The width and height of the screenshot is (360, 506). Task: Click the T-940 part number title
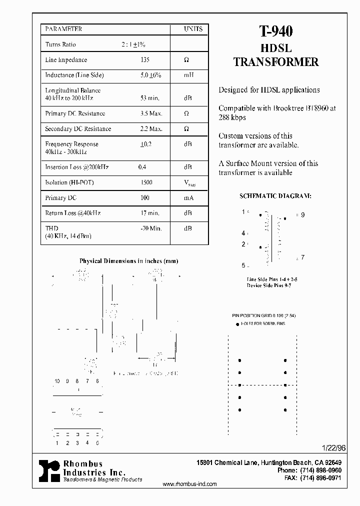point(275,31)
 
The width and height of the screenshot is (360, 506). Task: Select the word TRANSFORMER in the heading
point(276,62)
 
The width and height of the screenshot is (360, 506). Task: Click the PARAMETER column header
point(63,29)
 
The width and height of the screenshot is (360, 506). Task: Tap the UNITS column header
point(193,29)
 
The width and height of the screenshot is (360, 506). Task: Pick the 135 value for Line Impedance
point(145,60)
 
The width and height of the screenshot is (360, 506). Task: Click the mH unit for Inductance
point(188,75)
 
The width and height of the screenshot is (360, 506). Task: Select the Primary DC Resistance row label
point(75,113)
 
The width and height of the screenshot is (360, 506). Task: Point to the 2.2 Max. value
point(151,129)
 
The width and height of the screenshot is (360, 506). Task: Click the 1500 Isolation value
point(146,183)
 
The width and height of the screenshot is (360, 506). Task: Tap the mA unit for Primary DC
point(188,198)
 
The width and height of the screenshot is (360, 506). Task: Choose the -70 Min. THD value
point(151,228)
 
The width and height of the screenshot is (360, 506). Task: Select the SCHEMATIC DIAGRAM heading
point(275,196)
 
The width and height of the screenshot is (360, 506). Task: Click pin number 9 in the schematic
point(302,215)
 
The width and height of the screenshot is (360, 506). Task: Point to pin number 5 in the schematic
point(243,265)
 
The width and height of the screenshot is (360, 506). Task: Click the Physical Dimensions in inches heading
point(128,261)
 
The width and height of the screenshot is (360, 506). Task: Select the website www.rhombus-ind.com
point(190,484)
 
